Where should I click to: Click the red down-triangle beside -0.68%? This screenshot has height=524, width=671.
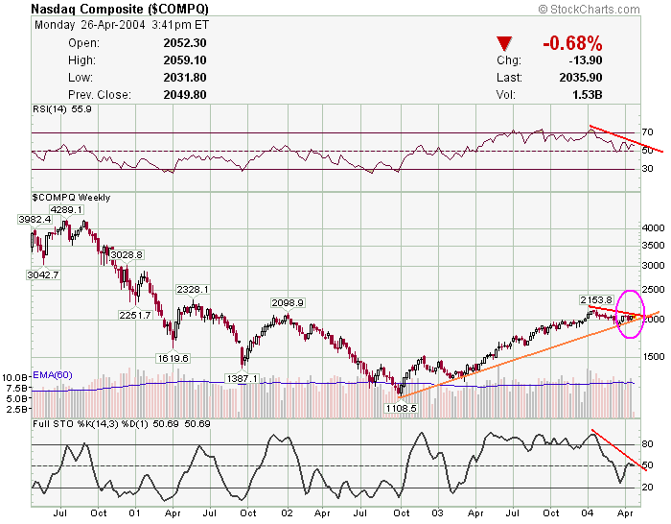click(x=505, y=43)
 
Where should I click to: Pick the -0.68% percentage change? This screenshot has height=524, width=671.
click(x=571, y=43)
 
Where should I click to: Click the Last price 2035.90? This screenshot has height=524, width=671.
click(x=580, y=78)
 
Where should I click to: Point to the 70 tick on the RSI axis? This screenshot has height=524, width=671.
click(x=647, y=132)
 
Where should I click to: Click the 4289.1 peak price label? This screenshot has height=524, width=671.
click(x=67, y=209)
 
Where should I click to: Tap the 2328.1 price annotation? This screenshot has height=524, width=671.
click(x=192, y=289)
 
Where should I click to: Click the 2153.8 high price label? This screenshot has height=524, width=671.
click(x=595, y=299)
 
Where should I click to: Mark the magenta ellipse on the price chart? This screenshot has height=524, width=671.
click(x=630, y=313)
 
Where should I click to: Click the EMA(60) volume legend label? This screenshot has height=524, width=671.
click(x=52, y=374)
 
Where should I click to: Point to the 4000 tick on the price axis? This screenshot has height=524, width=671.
click(x=652, y=228)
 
